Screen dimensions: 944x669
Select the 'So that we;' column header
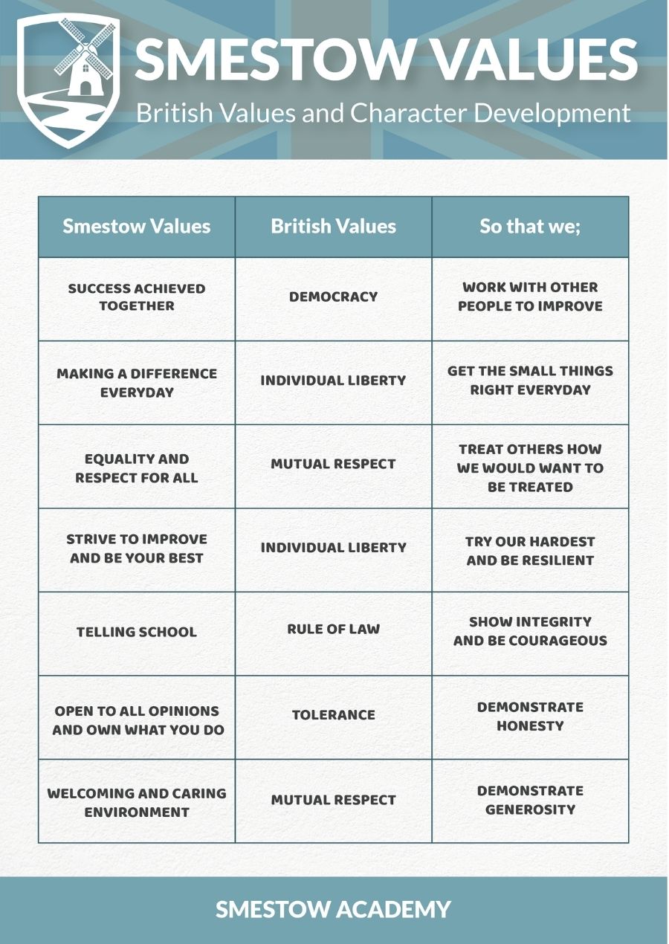(x=530, y=227)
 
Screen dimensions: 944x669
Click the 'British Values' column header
(x=333, y=227)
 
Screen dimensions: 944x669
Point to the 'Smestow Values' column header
(x=137, y=227)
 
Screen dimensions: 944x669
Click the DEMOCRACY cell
(x=333, y=297)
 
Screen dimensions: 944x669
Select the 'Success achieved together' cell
(x=137, y=297)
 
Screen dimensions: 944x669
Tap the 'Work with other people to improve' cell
(x=530, y=297)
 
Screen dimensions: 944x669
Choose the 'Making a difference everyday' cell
(x=137, y=382)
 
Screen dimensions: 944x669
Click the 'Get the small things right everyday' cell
(x=530, y=380)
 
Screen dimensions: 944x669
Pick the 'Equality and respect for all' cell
(x=137, y=468)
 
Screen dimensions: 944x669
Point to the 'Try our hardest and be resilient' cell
(x=530, y=551)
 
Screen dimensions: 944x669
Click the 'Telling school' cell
(x=137, y=633)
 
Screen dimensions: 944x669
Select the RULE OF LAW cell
(x=333, y=629)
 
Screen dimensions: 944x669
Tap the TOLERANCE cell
(x=333, y=715)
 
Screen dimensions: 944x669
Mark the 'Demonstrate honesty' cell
(x=530, y=716)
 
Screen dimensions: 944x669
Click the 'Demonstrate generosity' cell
(x=530, y=800)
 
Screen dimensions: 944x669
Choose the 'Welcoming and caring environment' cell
(x=137, y=803)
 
